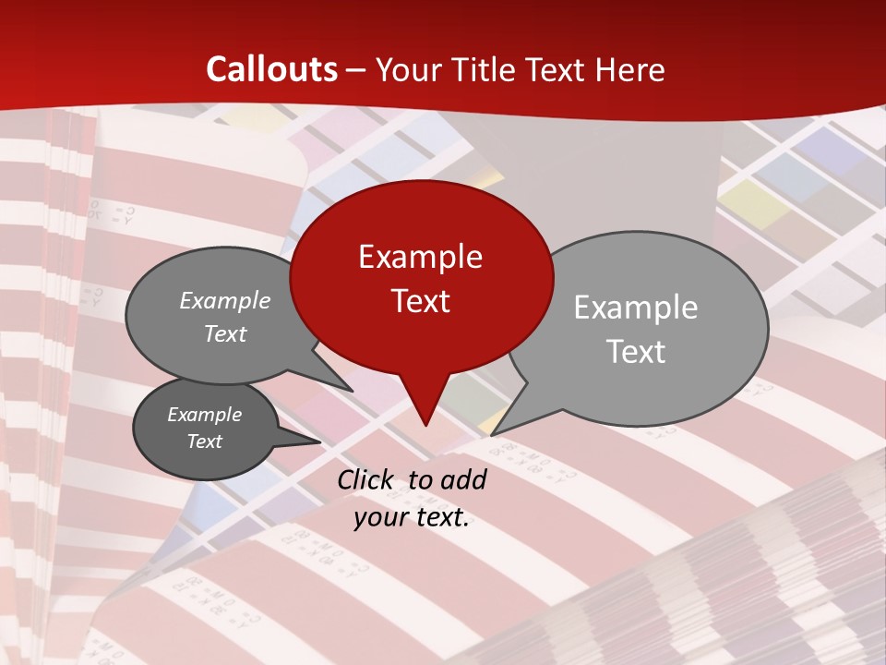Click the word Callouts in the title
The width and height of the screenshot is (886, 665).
tap(271, 69)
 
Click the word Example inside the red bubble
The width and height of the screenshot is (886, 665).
tap(421, 257)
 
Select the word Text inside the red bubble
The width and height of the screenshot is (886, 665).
tap(421, 301)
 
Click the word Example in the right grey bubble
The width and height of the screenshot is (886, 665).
tap(636, 308)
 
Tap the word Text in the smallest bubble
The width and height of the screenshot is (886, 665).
tap(205, 441)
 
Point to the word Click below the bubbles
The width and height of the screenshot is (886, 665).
tap(366, 479)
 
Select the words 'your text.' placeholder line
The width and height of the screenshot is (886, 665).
tap(412, 518)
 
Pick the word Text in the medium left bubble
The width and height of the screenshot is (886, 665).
tap(225, 333)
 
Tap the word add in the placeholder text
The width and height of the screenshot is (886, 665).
tap(462, 479)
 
